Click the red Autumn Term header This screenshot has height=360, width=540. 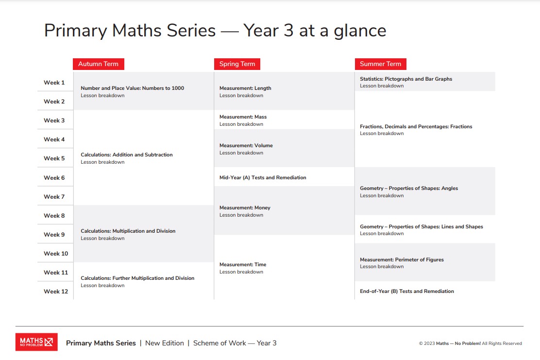[x=98, y=64]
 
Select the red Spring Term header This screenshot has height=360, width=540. [x=237, y=64]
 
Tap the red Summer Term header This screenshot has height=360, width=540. [x=380, y=64]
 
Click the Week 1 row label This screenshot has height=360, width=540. [x=54, y=83]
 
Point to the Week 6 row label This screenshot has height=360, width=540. [x=54, y=178]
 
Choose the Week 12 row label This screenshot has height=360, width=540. [x=56, y=291]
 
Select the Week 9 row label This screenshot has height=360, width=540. [x=54, y=235]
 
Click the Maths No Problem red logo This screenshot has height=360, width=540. [x=36, y=342]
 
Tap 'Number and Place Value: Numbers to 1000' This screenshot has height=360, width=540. [x=132, y=88]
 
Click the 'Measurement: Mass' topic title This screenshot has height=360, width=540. [x=243, y=117]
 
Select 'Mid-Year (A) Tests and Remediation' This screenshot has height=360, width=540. [x=263, y=178]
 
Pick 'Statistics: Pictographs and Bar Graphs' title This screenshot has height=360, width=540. [x=406, y=79]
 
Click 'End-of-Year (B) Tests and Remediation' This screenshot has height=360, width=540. [x=407, y=291]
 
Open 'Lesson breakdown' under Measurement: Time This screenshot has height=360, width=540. [x=241, y=272]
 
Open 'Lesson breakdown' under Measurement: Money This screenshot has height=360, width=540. [x=241, y=215]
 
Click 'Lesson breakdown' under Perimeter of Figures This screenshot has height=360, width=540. [x=382, y=267]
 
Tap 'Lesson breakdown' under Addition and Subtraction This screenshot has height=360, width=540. [x=102, y=162]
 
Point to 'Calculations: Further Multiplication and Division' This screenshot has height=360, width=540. [x=137, y=278]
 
